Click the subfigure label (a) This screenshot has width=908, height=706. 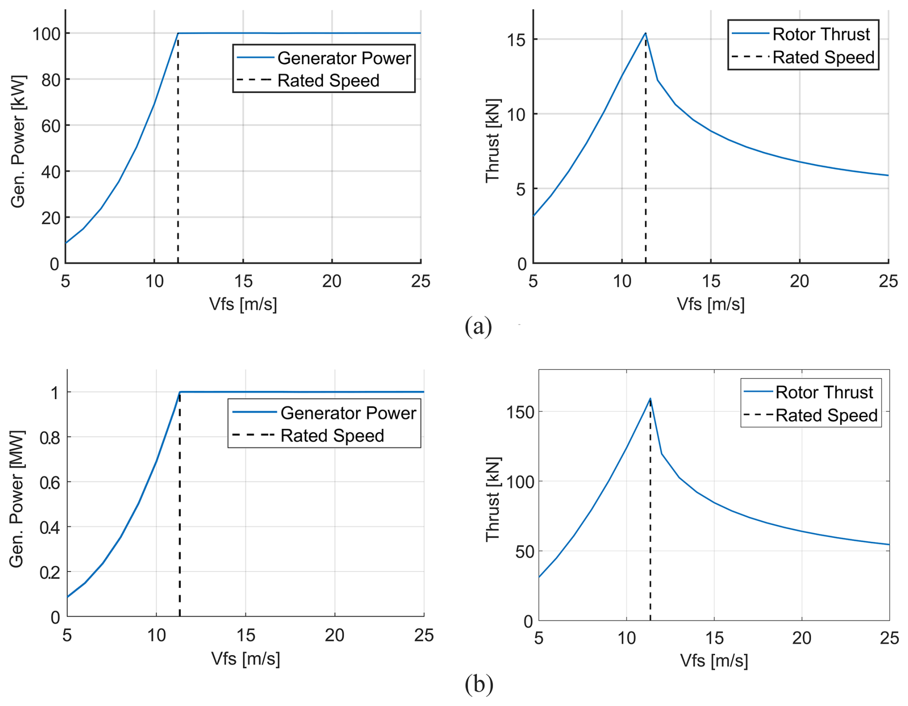click(478, 327)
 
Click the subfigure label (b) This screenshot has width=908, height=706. click(478, 684)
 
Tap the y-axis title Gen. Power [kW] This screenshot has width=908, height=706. click(19, 141)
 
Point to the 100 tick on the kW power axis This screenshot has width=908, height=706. click(46, 34)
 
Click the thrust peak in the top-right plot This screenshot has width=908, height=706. click(645, 33)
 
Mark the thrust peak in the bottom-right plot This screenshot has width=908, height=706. click(650, 398)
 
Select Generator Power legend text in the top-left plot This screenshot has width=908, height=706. click(344, 58)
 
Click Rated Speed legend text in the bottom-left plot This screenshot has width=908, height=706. click(332, 436)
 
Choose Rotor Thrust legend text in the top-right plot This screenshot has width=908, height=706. click(821, 34)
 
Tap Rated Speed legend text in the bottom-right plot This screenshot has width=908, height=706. click(826, 415)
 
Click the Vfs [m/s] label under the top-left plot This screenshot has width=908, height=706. click(243, 304)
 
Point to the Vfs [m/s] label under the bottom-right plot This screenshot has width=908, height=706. click(714, 661)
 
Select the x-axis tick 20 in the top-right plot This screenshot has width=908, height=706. click(800, 281)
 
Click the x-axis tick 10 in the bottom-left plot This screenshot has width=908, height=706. click(156, 635)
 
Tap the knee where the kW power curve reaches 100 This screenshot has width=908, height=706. click(178, 33)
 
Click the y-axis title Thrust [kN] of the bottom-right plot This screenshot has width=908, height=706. click(493, 499)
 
